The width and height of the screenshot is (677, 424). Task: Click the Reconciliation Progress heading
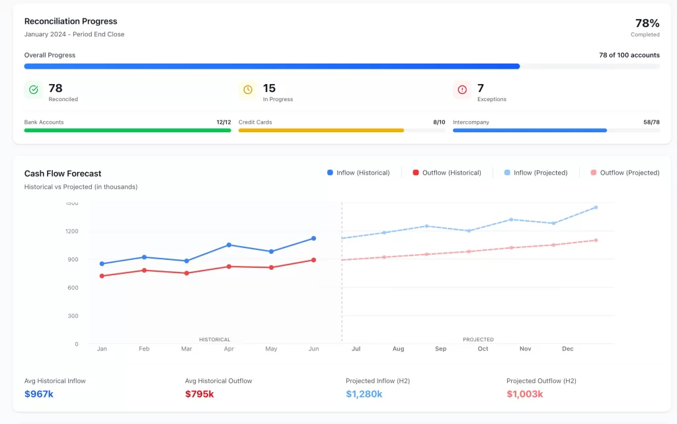(x=71, y=21)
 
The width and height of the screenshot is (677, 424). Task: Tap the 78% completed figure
(x=647, y=23)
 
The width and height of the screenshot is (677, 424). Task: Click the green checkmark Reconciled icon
(x=34, y=90)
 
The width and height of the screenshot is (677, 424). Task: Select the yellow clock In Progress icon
(x=248, y=90)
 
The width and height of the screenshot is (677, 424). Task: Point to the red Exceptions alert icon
(x=462, y=90)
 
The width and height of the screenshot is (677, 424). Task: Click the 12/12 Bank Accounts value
(x=223, y=122)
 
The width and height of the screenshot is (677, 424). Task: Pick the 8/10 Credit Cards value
(x=438, y=122)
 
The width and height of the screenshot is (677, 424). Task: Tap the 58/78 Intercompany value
(x=651, y=122)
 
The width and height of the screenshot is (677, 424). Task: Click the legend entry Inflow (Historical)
(x=358, y=173)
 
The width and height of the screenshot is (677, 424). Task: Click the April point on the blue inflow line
(x=229, y=245)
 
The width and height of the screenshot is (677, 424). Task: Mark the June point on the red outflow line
(x=313, y=260)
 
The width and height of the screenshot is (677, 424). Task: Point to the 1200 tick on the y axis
(x=71, y=232)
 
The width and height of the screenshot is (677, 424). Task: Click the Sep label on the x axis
(x=440, y=349)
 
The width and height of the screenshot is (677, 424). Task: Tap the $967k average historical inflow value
(x=40, y=394)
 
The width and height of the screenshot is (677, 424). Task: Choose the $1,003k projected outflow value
(x=525, y=394)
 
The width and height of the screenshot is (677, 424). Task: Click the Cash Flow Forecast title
(x=63, y=173)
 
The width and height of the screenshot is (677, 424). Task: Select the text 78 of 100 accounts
(x=629, y=55)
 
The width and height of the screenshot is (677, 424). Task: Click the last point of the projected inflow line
(x=596, y=207)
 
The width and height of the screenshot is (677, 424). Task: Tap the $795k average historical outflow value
(x=200, y=394)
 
